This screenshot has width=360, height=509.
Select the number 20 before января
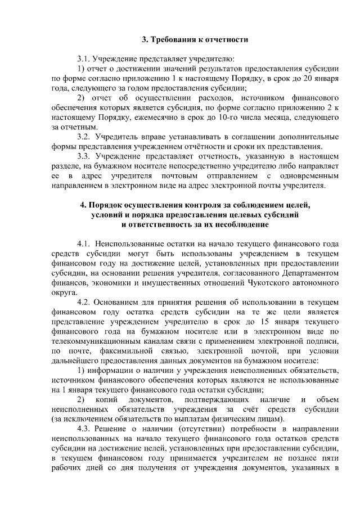[305, 78]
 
